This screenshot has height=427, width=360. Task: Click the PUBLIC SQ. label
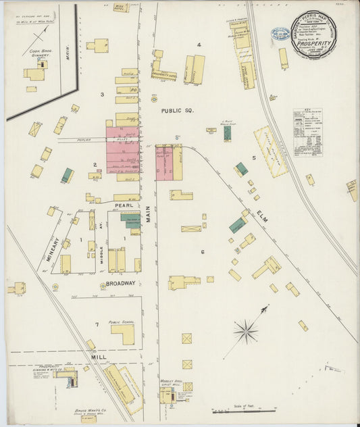178,109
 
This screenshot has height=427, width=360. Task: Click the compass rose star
245,331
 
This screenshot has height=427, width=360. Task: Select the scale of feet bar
243,410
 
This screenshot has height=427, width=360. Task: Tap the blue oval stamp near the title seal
280,33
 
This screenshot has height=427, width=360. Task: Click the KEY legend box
307,132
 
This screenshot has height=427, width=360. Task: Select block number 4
199,45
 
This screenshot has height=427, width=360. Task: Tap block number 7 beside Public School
97,325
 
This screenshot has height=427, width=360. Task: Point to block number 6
201,252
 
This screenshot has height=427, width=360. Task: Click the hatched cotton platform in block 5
270,152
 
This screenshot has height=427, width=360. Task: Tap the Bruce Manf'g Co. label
86,410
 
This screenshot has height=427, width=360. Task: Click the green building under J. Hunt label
227,133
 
